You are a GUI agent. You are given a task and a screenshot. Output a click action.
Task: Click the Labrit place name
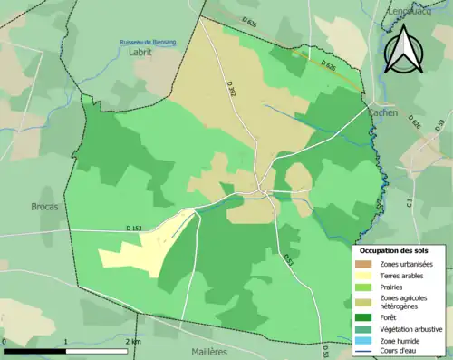(140, 53)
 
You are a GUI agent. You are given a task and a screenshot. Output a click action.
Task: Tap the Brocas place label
(44, 206)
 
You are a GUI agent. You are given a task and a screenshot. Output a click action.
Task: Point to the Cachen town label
(384, 112)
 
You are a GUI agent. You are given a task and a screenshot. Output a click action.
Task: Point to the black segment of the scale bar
(35, 350)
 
